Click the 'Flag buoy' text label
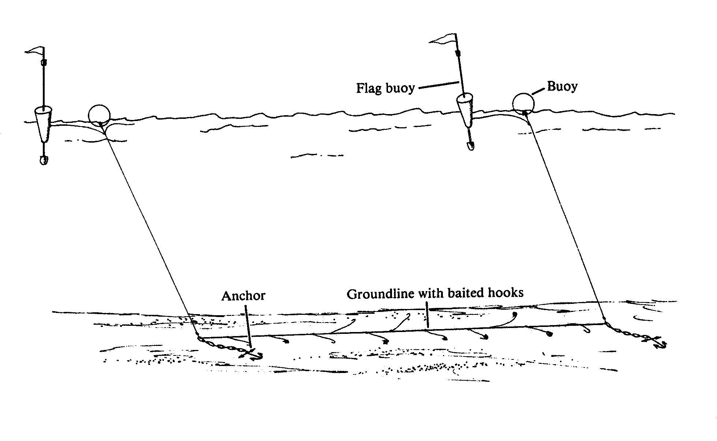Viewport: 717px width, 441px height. [x=385, y=88]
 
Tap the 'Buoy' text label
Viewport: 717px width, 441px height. [x=562, y=86]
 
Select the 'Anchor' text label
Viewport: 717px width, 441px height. [x=243, y=295]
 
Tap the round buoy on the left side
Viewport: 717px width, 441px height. [x=99, y=115]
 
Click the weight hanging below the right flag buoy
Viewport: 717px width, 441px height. [x=470, y=146]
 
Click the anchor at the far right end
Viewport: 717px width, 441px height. [x=658, y=342]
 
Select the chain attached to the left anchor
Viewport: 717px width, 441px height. [x=220, y=346]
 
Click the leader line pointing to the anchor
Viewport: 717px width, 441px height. [x=248, y=325]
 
